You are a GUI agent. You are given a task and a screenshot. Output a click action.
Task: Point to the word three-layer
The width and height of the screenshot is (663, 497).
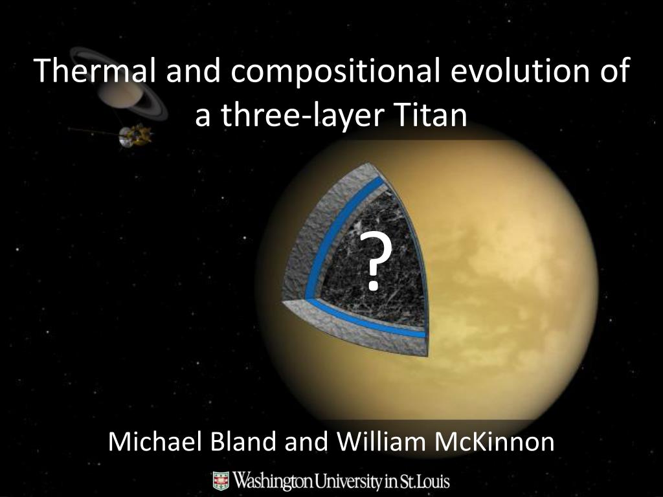(x=293, y=116)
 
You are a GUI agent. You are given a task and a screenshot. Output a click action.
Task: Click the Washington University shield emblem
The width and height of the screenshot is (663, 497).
(x=221, y=481)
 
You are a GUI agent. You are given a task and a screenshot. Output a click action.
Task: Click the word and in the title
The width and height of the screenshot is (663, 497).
(x=188, y=71)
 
